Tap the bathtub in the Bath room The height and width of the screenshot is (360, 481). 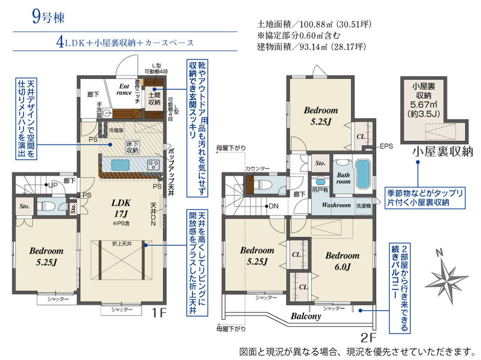coord(363,174)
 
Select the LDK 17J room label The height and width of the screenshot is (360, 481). coord(121,208)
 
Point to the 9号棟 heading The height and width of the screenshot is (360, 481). coord(48,17)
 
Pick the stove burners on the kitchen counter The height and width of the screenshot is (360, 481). coord(153,165)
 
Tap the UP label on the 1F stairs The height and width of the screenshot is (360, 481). coord(53,185)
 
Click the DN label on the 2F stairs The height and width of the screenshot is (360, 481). coord(273,206)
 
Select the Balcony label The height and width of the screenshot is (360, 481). coord(306,316)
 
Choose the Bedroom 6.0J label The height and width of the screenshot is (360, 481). coord(342,261)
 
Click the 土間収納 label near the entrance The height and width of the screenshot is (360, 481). coord(154,99)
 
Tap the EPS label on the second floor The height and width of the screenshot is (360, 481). coord(386,146)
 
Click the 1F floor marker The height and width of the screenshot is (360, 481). coord(159,313)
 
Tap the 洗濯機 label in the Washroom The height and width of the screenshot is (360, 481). coord(363,206)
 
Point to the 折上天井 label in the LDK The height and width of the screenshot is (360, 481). coord(122,244)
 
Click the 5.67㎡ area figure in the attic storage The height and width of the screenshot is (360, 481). coord(424,104)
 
